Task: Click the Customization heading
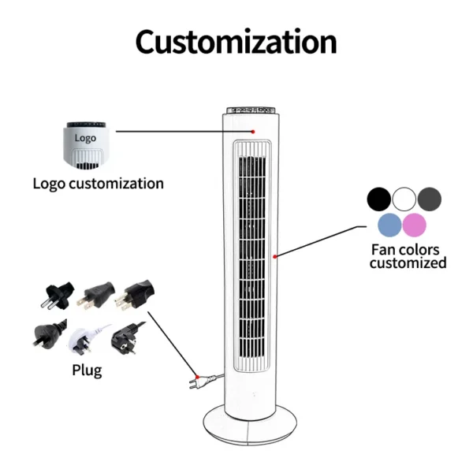click(236, 42)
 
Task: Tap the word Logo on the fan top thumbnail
click(85, 138)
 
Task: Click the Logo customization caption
click(99, 184)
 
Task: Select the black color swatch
click(379, 199)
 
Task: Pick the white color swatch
click(404, 199)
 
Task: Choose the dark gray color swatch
click(430, 199)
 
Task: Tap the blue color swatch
click(389, 225)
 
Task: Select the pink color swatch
click(415, 225)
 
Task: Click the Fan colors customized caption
click(408, 256)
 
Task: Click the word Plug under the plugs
click(87, 371)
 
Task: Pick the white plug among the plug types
click(85, 339)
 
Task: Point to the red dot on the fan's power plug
click(197, 377)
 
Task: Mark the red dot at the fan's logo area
click(253, 132)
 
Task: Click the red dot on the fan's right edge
click(275, 257)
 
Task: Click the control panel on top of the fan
click(251, 110)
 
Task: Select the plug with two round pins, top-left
click(58, 295)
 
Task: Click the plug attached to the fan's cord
click(202, 382)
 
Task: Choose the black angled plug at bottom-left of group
click(49, 334)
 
